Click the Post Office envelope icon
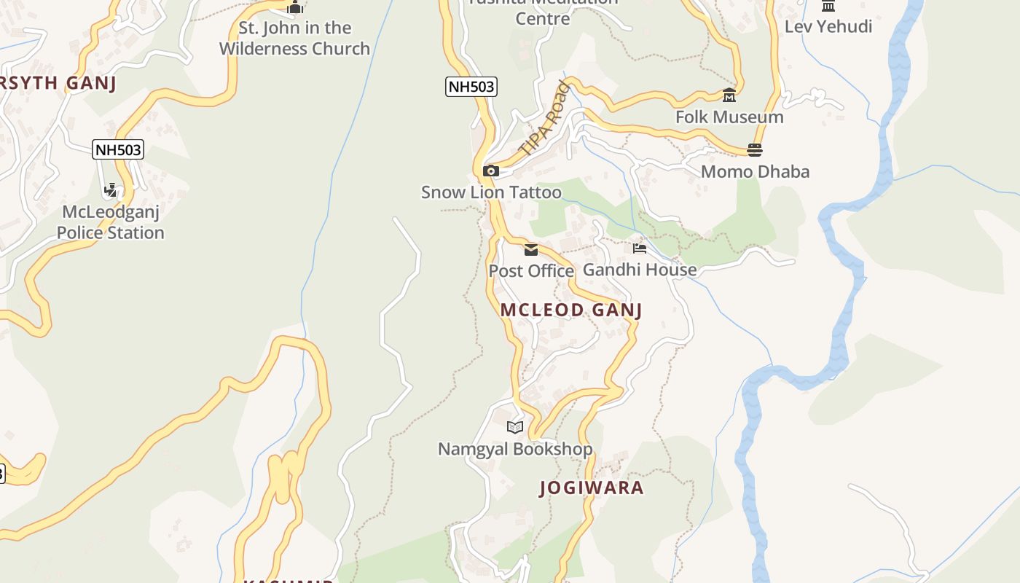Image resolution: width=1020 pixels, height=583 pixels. coord(531,250)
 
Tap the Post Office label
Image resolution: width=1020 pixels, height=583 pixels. coord(531,271)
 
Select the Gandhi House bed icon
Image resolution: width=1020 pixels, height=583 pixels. coord(640,249)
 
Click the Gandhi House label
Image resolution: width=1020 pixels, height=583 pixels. coord(640,270)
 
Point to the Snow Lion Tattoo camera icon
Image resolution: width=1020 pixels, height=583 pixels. coord(491,171)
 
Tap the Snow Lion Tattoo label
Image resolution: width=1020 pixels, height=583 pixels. coord(491,192)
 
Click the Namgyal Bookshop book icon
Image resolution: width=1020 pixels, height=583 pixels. coord(515,428)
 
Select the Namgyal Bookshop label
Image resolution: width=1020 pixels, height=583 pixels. coord(515,449)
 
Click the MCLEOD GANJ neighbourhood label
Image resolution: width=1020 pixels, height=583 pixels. coord(570,310)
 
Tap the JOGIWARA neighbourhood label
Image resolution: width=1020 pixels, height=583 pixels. coord(592,488)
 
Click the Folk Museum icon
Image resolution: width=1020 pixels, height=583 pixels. coord(729,95)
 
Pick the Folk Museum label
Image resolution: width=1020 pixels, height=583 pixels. coord(729,117)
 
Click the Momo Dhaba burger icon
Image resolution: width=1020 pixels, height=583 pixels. coord(755,150)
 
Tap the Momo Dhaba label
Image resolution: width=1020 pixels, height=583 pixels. coord(755,172)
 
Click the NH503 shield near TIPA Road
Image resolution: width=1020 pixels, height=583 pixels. coord(471,87)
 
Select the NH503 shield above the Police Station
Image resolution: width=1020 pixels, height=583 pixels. coord(118,150)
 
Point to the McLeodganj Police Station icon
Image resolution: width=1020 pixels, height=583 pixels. coord(111,191)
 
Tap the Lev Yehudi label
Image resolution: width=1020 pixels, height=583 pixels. coord(828,27)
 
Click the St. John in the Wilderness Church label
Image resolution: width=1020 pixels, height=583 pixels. coord(295,39)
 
